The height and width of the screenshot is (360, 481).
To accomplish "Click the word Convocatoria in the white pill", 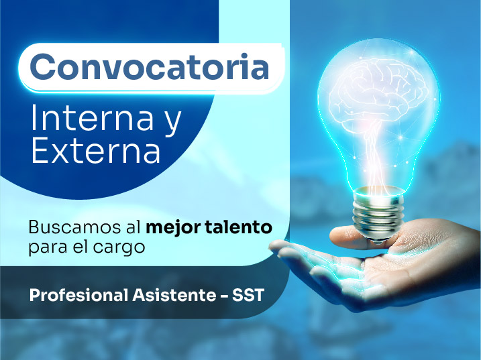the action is tap(150, 67).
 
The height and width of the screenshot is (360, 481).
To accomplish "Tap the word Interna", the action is tap(92, 117).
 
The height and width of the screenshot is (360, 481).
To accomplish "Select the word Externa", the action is tap(96, 150).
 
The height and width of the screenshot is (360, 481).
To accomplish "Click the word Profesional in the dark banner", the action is tap(78, 295).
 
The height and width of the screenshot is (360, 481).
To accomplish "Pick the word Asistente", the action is tap(174, 295).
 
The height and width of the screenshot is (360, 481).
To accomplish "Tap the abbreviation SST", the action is tap(248, 295).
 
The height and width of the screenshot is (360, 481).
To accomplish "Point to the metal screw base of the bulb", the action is tap(378, 215).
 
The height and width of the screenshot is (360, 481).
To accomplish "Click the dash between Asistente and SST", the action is tap(224, 296).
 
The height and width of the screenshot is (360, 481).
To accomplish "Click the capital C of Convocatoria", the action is tap(41, 67).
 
